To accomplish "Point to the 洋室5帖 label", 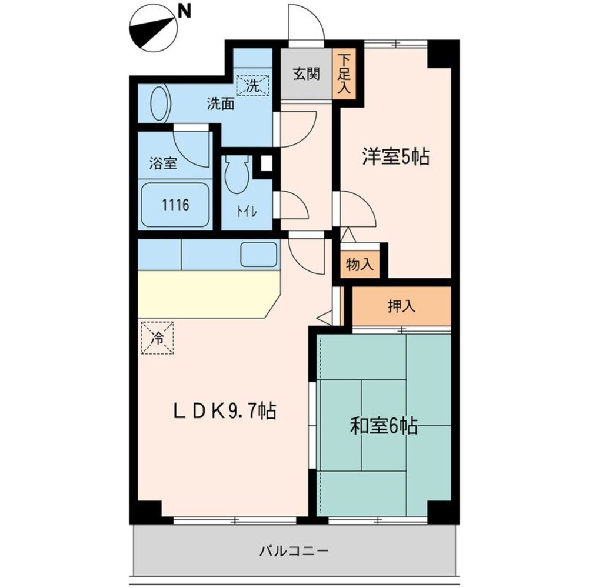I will point(395,157).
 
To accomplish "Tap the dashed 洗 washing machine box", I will point(252,85).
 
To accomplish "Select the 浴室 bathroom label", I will point(163,163).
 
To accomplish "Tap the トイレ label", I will point(246,212).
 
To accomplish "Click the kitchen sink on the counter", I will point(258,254).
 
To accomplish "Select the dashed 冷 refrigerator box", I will point(157,338).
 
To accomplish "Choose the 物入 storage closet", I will point(359,265).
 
